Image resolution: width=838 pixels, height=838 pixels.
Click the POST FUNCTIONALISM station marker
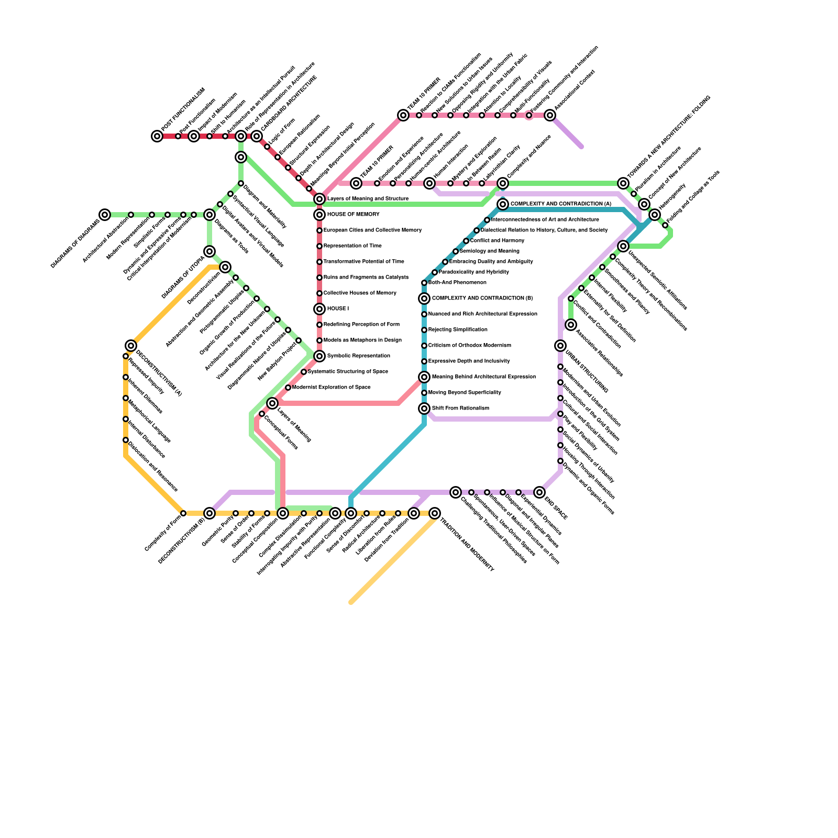tap(157, 136)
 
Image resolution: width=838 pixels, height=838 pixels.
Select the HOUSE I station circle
tap(319, 309)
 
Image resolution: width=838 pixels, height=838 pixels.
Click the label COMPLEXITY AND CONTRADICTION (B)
tap(482, 299)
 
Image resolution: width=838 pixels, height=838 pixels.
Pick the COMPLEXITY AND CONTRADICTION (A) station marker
tap(503, 204)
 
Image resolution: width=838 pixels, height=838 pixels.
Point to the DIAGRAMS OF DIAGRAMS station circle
tap(105, 215)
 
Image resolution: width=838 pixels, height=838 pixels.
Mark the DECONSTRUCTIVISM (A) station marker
tap(131, 346)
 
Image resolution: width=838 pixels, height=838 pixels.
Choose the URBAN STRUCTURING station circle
tap(560, 346)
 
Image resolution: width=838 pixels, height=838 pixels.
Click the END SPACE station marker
tap(539, 492)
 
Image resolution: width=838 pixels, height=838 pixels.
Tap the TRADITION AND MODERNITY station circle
tap(435, 513)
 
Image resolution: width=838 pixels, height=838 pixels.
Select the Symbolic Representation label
tap(358, 356)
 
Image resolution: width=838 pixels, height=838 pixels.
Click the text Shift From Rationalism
tap(460, 409)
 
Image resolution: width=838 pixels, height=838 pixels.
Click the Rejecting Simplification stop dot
tap(424, 330)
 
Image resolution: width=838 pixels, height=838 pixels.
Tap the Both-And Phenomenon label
tap(457, 283)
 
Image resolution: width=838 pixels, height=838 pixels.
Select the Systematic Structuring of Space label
tap(348, 372)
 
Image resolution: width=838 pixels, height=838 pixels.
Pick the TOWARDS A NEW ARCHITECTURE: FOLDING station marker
tap(623, 183)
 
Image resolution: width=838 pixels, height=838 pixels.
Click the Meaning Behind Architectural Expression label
tap(483, 377)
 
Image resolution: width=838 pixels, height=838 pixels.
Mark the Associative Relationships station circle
tap(571, 325)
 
